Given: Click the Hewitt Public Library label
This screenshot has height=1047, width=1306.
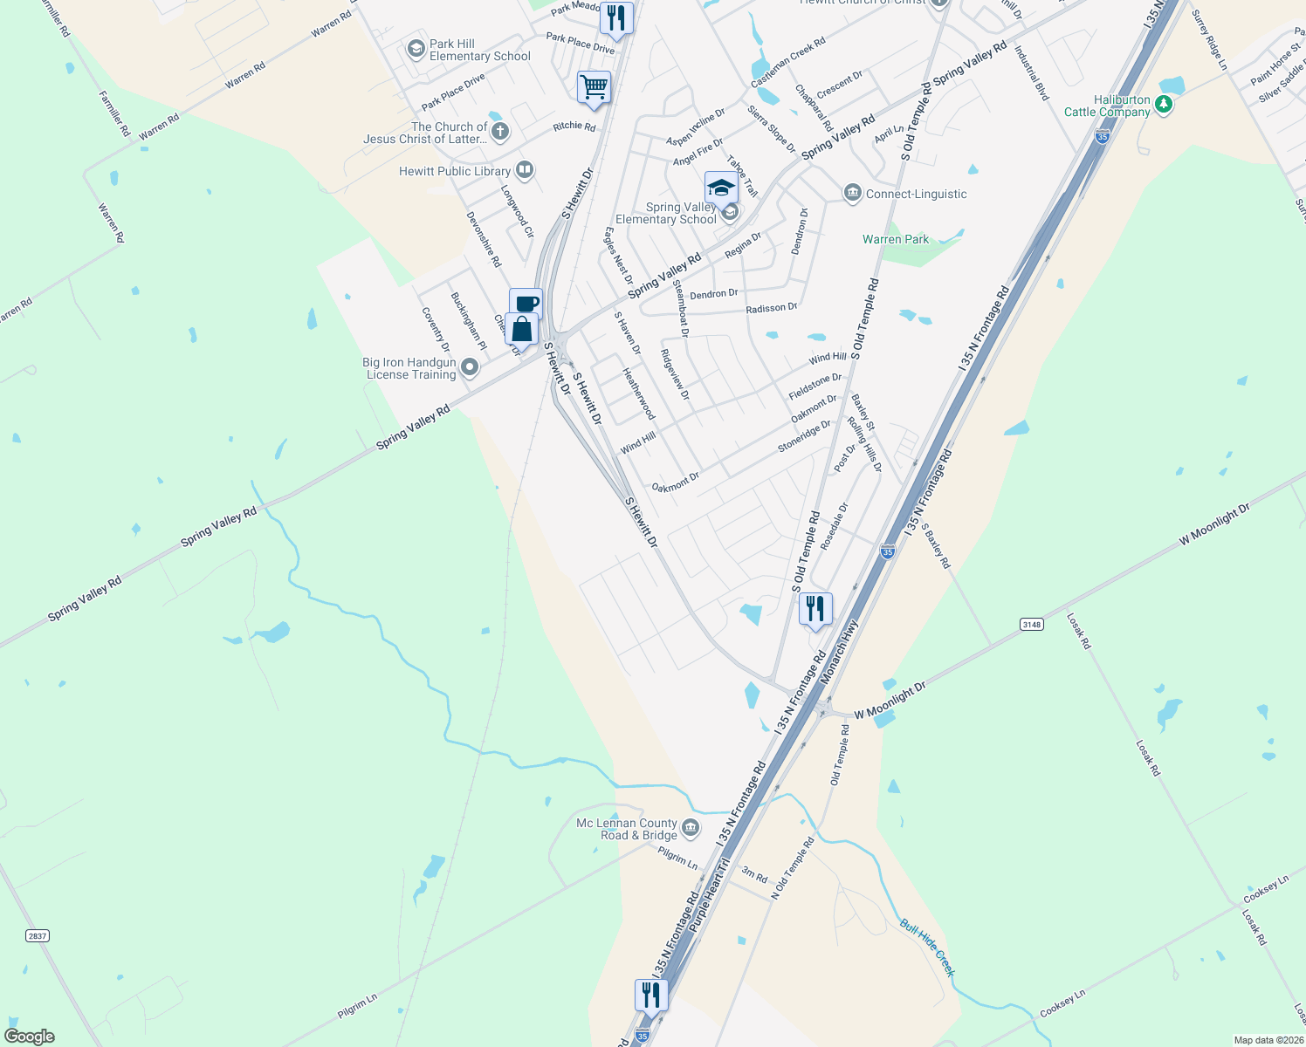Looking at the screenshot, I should point(455,171).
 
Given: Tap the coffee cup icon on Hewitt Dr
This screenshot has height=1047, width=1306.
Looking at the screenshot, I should point(526,304).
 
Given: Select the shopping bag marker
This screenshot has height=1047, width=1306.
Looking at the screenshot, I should point(521,329).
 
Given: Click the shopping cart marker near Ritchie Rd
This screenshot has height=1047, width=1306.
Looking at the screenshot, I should point(594,87).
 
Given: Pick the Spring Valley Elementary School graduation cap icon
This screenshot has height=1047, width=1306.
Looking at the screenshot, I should point(721,187).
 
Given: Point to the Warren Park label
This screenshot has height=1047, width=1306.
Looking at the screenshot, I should point(896,239).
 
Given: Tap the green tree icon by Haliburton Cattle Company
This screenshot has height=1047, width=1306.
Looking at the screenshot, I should point(1163,105).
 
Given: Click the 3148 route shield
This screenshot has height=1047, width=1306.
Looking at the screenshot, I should point(1032,624).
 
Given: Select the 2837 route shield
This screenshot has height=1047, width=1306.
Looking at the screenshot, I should point(37,935).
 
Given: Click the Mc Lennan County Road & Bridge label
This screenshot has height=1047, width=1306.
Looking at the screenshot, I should point(627,829).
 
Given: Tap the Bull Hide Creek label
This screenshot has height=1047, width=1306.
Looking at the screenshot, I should point(928,947).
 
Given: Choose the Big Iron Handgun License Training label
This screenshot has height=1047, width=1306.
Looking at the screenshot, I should point(409,368).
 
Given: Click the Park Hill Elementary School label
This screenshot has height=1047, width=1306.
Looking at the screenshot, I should point(479,50).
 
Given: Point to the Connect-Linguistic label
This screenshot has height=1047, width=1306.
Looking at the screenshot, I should point(916,194).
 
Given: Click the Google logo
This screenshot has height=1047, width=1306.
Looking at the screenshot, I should point(29,1037).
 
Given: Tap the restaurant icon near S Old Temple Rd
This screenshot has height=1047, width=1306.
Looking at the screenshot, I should point(815,608).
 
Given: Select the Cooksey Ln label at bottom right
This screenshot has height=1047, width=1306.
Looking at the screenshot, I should point(1062,1003).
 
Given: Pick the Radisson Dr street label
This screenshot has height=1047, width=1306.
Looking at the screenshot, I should point(771,308).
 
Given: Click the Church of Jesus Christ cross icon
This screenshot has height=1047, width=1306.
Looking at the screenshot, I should point(499,132).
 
